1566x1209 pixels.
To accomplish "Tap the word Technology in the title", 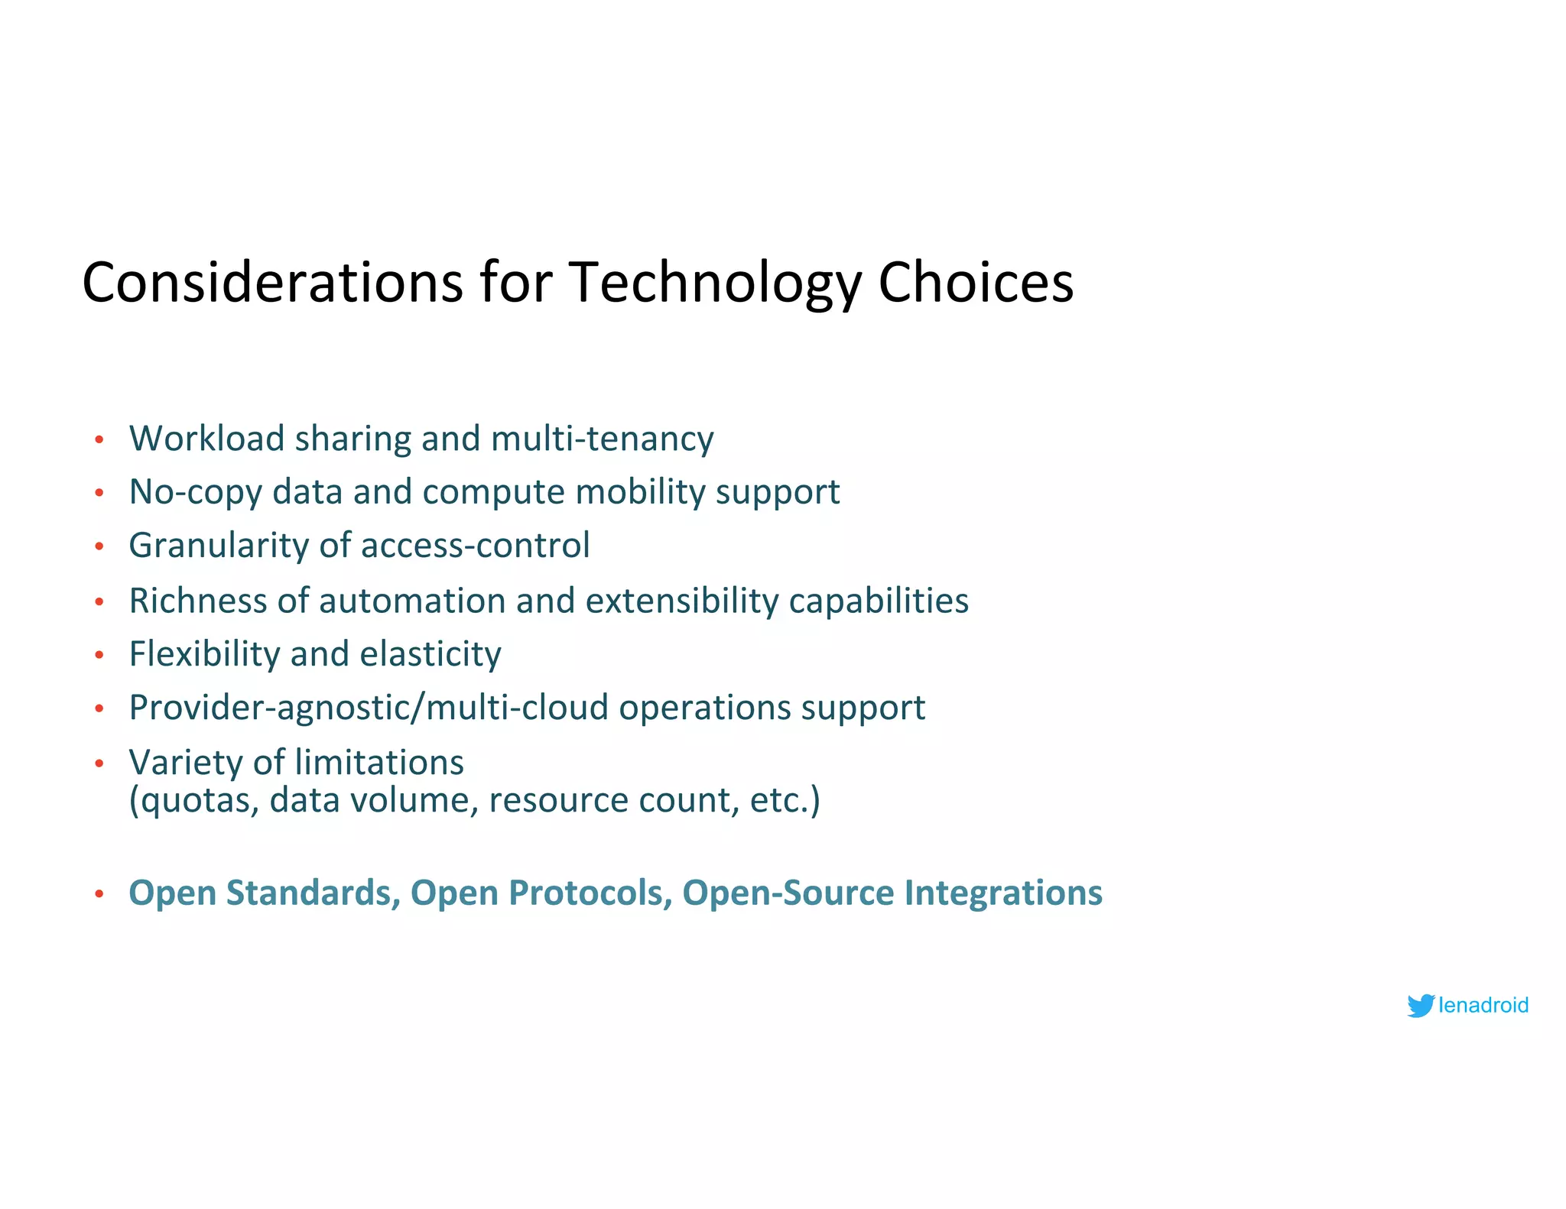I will [x=715, y=283].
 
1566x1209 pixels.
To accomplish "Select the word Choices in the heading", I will [x=976, y=283].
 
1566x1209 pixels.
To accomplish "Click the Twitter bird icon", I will [x=1421, y=1006].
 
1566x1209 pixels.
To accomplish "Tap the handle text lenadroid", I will [x=1483, y=1006].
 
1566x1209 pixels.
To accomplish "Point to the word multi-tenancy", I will [x=603, y=439].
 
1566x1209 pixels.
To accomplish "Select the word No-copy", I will [x=196, y=492].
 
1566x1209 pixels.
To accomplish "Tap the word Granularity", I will [x=219, y=546].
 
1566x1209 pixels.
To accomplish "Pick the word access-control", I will [x=475, y=546].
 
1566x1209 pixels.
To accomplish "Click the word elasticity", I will [x=430, y=654].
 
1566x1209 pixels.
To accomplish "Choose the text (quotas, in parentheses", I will [x=194, y=801].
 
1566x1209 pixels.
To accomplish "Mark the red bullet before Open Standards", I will [x=99, y=893].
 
